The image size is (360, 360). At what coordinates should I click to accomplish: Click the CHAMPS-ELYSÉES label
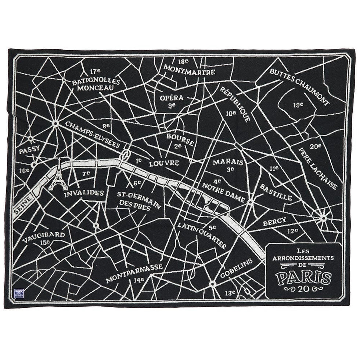(x=93, y=134)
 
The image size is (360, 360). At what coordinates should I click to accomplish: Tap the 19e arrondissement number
(x=298, y=105)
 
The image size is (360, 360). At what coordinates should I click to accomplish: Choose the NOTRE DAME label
(x=223, y=192)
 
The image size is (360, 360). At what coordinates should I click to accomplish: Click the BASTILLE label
(x=276, y=192)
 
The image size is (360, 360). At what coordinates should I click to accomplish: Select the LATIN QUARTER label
(x=202, y=235)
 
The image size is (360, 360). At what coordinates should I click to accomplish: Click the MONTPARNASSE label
(x=134, y=273)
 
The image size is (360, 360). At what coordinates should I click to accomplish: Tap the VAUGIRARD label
(x=43, y=237)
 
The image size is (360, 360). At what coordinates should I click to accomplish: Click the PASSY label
(x=29, y=150)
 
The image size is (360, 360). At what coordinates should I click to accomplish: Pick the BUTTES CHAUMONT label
(x=299, y=87)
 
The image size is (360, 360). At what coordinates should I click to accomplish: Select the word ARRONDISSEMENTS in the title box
(x=303, y=258)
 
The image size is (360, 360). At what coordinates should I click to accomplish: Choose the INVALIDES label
(x=84, y=193)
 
